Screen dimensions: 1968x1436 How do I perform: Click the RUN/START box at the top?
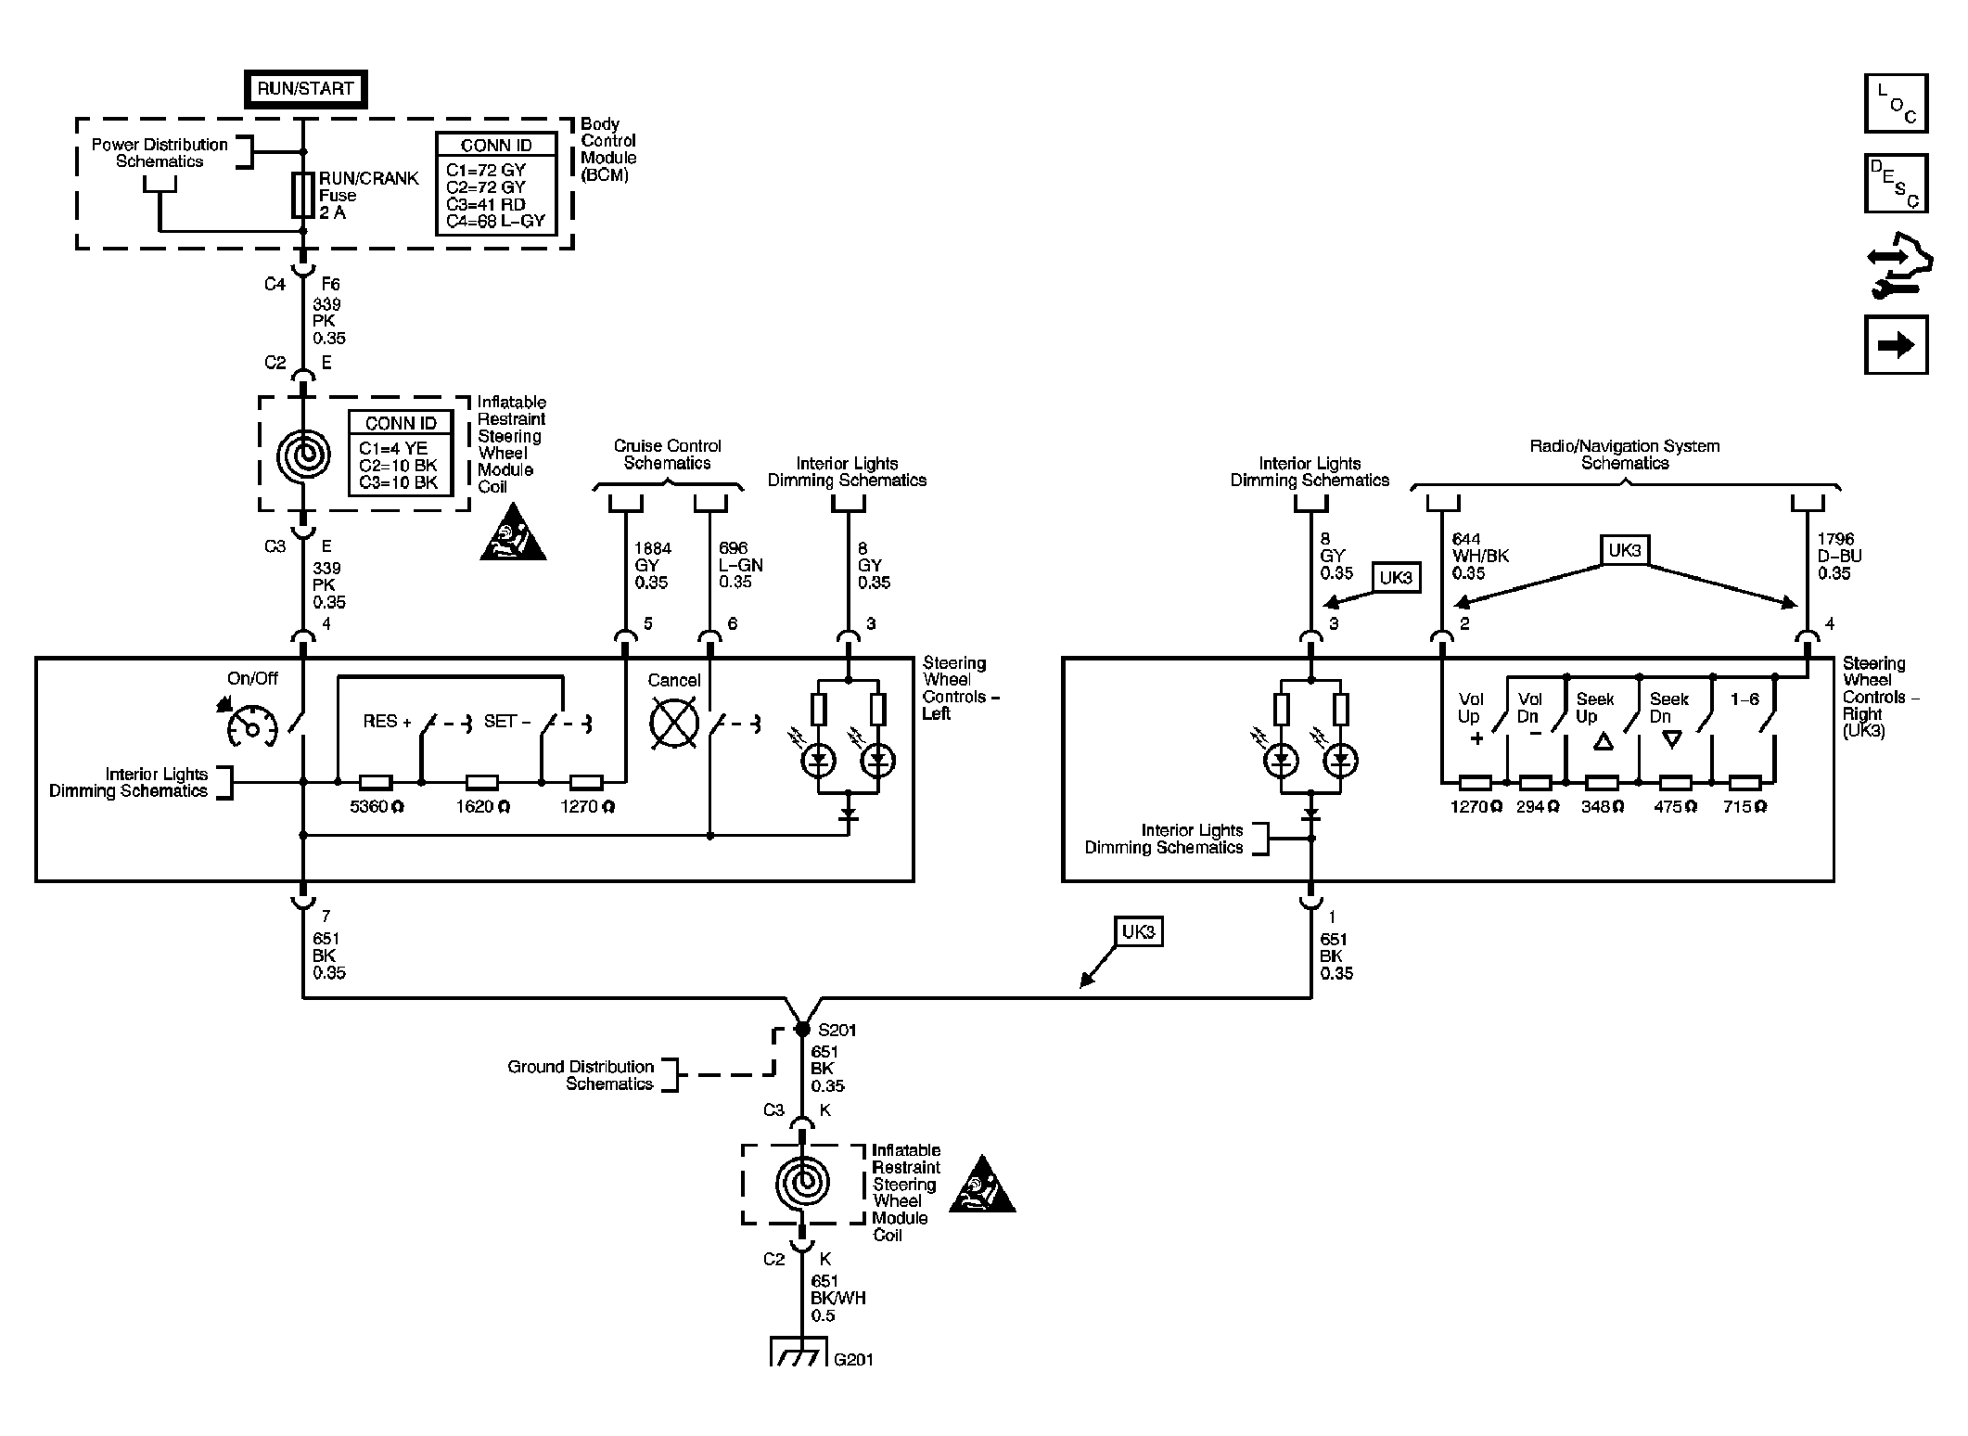pyautogui.click(x=305, y=89)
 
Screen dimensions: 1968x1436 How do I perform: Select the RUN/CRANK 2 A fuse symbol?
pyautogui.click(x=303, y=195)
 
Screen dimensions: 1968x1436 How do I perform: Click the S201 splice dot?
pyautogui.click(x=802, y=1030)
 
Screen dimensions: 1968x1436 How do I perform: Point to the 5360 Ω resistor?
pyautogui.click(x=376, y=782)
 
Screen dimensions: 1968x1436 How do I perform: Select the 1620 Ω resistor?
pyautogui.click(x=481, y=782)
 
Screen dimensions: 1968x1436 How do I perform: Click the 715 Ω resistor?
pyautogui.click(x=1745, y=782)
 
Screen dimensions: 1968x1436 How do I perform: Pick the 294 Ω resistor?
pyautogui.click(x=1536, y=782)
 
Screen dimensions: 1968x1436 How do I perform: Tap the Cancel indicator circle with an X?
pyautogui.click(x=674, y=724)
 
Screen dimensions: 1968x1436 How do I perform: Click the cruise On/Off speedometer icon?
pyautogui.click(x=250, y=725)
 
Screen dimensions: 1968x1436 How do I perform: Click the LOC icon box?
pyautogui.click(x=1896, y=103)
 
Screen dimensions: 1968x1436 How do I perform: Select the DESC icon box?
pyautogui.click(x=1896, y=184)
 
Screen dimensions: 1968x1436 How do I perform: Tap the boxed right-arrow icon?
pyautogui.click(x=1896, y=345)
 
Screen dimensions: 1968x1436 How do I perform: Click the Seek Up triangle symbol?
pyautogui.click(x=1603, y=740)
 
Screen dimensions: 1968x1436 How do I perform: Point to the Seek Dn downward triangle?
pyautogui.click(x=1672, y=739)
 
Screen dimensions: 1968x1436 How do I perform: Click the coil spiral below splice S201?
pyautogui.click(x=801, y=1183)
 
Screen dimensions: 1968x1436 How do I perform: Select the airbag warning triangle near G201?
pyautogui.click(x=982, y=1185)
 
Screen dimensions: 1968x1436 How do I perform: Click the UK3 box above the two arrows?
pyautogui.click(x=1624, y=550)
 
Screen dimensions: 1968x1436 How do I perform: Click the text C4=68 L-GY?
pyautogui.click(x=495, y=222)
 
